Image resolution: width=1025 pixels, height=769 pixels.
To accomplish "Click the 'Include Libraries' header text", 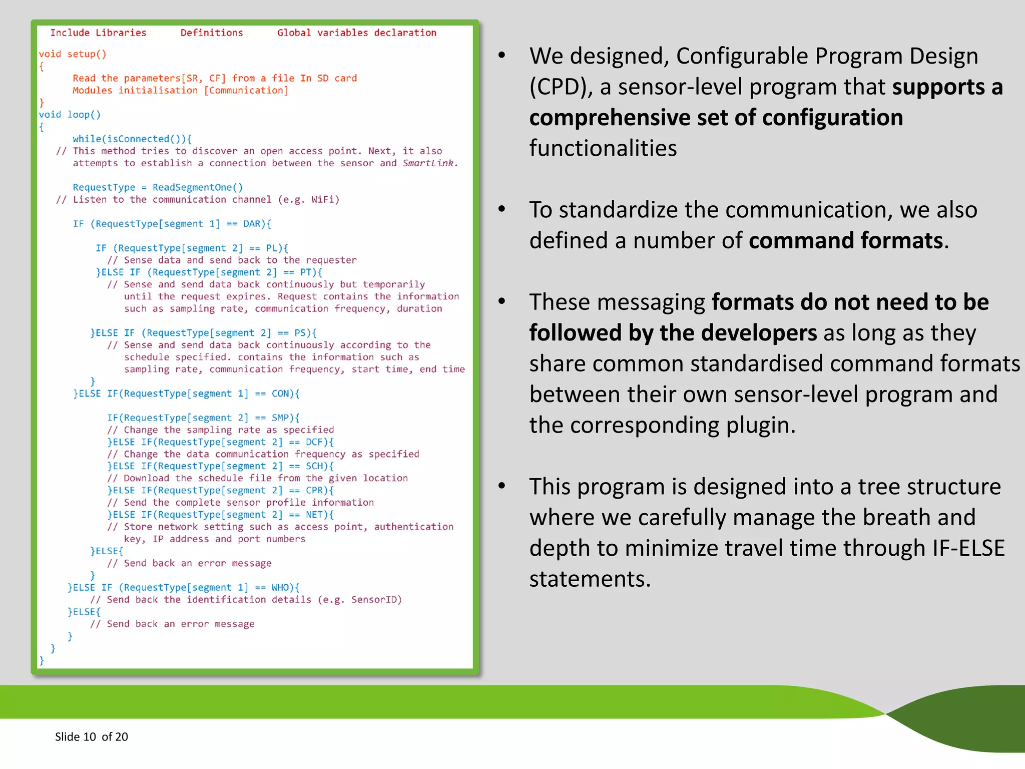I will click(98, 33).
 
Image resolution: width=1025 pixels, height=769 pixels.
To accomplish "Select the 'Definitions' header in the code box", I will click(212, 33).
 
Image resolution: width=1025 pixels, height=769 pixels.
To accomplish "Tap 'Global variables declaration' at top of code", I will click(357, 33).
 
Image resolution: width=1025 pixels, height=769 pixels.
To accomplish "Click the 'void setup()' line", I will click(73, 54).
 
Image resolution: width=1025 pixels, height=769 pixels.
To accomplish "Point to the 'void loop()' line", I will click(70, 115).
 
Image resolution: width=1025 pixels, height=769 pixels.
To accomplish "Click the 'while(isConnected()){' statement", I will click(132, 139).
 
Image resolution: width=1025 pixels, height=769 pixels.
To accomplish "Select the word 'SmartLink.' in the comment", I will click(430, 163).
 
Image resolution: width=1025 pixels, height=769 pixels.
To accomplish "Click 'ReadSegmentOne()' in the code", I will click(198, 187).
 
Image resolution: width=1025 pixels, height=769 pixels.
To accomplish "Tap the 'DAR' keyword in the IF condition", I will click(252, 224).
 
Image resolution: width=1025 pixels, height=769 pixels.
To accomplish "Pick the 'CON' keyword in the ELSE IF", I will click(280, 394).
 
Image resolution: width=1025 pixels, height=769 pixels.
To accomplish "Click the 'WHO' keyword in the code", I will click(280, 587).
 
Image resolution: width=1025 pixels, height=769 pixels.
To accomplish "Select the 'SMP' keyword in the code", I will click(280, 418).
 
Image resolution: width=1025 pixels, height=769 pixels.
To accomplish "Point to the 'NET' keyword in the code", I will click(314, 515).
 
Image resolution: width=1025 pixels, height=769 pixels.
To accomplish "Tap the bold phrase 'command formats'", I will click(845, 241).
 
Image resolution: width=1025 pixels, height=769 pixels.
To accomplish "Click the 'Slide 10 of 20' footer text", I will click(92, 736).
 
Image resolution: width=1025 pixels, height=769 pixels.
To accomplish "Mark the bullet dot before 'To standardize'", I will click(502, 209).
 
